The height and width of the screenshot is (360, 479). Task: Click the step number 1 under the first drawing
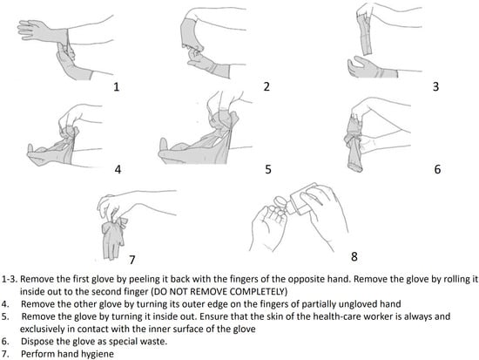tap(116, 87)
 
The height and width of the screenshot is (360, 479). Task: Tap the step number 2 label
tap(266, 86)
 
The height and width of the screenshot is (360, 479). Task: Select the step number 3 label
tap(436, 86)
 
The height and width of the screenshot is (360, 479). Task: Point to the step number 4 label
tap(118, 169)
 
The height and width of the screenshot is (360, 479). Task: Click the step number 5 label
tap(268, 169)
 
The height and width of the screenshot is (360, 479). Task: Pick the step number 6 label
tap(437, 169)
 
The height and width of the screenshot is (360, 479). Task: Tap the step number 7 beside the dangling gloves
tap(132, 260)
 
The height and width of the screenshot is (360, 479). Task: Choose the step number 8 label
tap(354, 256)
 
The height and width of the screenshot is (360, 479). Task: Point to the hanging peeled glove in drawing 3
tap(367, 35)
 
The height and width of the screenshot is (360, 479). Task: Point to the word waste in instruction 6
tap(156, 341)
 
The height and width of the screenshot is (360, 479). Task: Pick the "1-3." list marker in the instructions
tap(10, 279)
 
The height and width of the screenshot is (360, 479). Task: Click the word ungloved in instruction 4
tap(358, 304)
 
